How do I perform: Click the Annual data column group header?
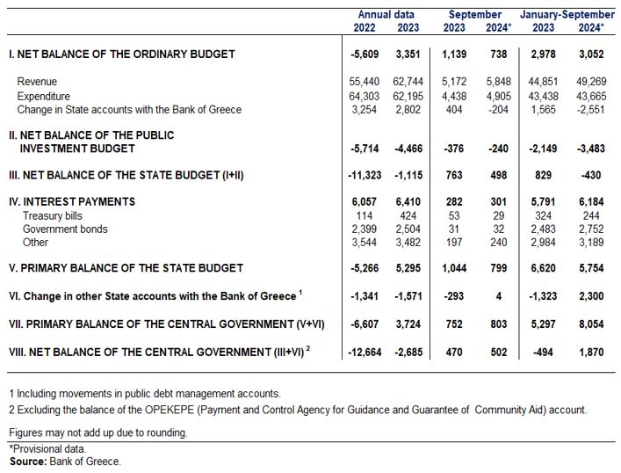(x=386, y=15)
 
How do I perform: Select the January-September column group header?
(x=567, y=15)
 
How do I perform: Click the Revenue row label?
(x=37, y=82)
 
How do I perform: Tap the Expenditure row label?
(x=44, y=97)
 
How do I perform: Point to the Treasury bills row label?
(x=53, y=215)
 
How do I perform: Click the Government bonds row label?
(x=65, y=229)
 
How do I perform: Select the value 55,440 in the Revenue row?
(x=364, y=82)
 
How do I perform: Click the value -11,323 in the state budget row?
(x=365, y=175)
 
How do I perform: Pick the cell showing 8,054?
(x=591, y=324)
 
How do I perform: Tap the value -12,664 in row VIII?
(x=365, y=352)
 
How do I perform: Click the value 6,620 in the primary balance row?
(x=543, y=268)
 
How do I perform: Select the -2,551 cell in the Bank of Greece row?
(x=590, y=110)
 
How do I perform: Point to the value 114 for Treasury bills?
(x=364, y=215)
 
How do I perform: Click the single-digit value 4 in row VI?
(x=499, y=296)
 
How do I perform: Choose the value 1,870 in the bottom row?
(x=591, y=352)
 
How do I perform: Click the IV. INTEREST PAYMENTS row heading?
(x=72, y=202)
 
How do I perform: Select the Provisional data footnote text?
(x=47, y=448)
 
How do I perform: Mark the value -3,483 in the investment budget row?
(x=590, y=149)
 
